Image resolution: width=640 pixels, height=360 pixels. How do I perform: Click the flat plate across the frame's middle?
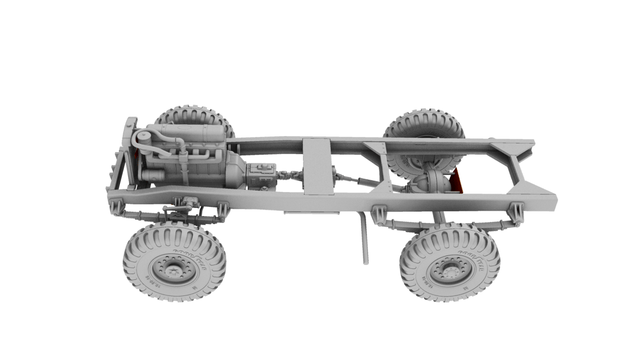point(317,165)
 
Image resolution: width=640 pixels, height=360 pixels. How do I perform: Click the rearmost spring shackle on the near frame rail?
point(516,213)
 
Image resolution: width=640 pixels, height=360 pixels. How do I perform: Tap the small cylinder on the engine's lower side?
point(153,177)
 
